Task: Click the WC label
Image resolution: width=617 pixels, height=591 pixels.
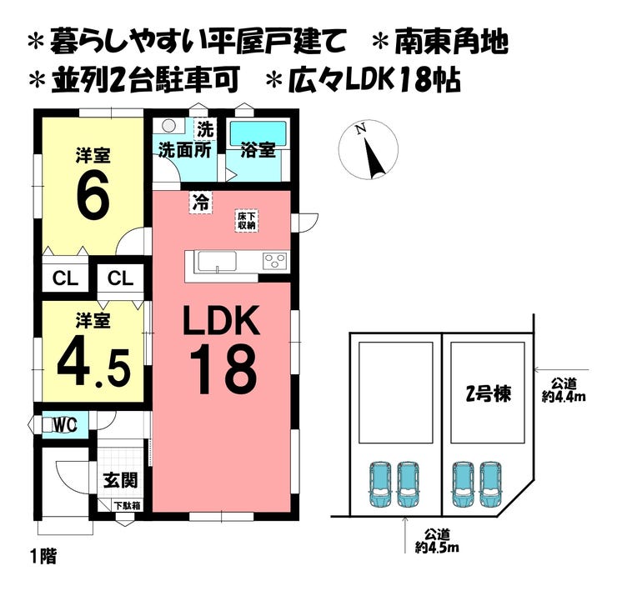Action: [x=65, y=425]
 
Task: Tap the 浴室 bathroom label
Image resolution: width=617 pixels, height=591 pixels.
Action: [x=258, y=151]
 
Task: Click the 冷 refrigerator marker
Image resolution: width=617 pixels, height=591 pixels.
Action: [x=200, y=201]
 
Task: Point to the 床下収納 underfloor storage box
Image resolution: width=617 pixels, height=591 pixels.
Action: [x=246, y=220]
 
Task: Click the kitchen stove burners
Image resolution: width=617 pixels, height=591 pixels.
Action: [x=275, y=260]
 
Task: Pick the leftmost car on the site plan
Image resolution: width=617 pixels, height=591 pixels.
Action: [x=379, y=483]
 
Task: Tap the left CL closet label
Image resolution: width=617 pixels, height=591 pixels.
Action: [x=66, y=278]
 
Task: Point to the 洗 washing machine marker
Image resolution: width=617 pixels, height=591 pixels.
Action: [x=203, y=130]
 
